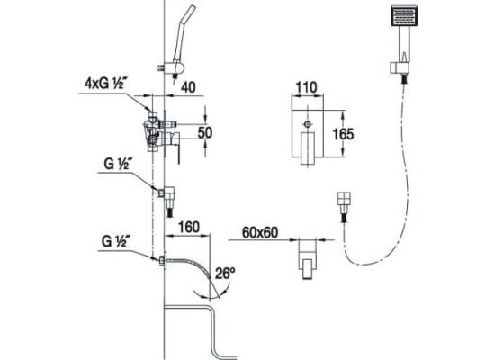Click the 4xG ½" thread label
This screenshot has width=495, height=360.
coord(104,84)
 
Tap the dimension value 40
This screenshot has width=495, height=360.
coord(188,87)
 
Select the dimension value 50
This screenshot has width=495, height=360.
coord(205,132)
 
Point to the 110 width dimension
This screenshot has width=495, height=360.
coord(307,87)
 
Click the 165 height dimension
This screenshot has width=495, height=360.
coord(344,134)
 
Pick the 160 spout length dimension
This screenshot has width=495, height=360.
coord(189,227)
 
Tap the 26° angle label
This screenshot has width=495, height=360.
coord(225,274)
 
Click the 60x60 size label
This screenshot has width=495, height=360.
coord(260,233)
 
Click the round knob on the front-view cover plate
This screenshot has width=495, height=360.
coord(308,124)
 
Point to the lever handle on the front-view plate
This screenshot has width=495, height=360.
coord(308,148)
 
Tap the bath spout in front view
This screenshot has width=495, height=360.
coord(308,259)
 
